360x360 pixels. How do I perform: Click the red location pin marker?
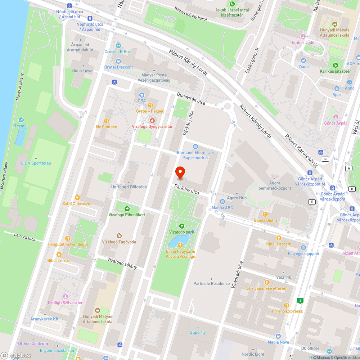[x=180, y=173]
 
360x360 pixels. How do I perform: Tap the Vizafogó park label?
[x=182, y=232]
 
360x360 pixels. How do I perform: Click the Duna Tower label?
[x=83, y=71]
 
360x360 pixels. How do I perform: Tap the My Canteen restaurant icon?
[x=106, y=121]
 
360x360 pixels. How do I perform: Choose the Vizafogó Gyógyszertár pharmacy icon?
[x=152, y=120]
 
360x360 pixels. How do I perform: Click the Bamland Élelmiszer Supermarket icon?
[x=195, y=147]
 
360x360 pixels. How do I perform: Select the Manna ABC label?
[x=222, y=208]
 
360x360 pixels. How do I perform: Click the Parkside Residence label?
[x=211, y=284]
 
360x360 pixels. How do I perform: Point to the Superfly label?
[x=198, y=332]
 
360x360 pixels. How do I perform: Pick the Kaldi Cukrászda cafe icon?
[x=77, y=198]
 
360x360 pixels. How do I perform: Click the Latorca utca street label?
[x=24, y=238]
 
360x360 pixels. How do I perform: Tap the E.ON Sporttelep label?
[x=36, y=163]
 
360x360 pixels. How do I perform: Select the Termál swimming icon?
[x=21, y=120]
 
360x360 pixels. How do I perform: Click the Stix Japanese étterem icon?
[x=267, y=282]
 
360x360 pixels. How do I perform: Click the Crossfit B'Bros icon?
[x=118, y=46]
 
